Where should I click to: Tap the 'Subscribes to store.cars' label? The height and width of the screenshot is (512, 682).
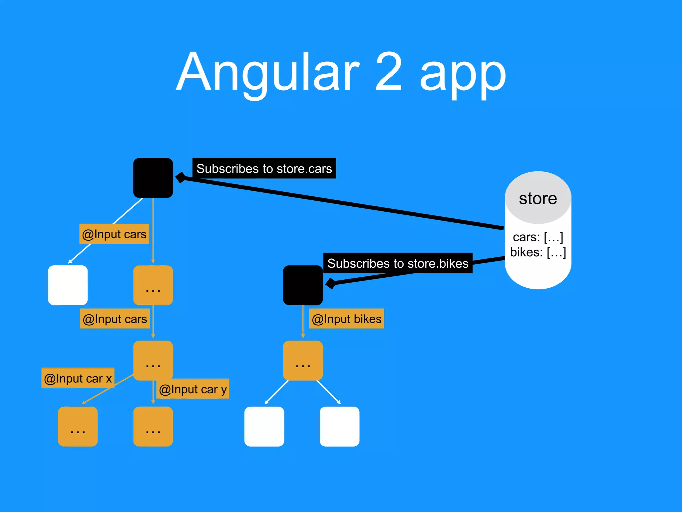click(x=264, y=168)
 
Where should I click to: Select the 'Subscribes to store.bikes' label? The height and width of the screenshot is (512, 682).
click(x=398, y=263)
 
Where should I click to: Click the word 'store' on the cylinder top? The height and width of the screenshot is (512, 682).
click(x=538, y=198)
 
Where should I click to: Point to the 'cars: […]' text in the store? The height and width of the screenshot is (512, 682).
click(x=538, y=237)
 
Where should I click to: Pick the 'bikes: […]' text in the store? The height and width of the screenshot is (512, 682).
click(x=538, y=252)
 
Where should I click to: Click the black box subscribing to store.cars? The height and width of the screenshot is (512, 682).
click(x=153, y=178)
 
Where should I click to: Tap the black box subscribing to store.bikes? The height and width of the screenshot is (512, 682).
click(x=303, y=285)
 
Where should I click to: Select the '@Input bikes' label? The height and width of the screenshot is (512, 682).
click(x=346, y=319)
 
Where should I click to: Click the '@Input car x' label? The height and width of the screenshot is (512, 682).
click(x=78, y=378)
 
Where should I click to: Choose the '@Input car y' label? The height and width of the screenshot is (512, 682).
click(x=193, y=389)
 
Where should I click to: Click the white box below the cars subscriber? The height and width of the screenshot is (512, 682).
click(x=68, y=285)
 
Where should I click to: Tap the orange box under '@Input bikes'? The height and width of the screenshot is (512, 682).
click(x=303, y=360)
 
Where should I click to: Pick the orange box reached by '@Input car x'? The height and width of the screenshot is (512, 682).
click(x=78, y=426)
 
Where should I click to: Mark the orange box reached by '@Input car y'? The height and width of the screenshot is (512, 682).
click(x=153, y=426)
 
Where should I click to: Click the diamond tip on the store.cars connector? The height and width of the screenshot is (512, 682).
click(x=181, y=177)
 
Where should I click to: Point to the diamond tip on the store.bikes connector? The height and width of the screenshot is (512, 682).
click(x=331, y=283)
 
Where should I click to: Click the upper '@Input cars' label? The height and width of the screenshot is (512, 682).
click(x=114, y=234)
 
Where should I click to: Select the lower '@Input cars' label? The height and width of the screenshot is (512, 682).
click(x=115, y=319)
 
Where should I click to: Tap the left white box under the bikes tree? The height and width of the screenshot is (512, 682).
click(x=264, y=426)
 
